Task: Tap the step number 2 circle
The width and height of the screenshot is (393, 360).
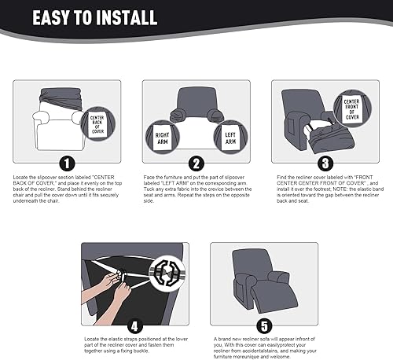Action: point(196,163)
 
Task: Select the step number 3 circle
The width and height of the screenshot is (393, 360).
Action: point(325,163)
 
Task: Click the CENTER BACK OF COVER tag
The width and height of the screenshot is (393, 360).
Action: point(96,124)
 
